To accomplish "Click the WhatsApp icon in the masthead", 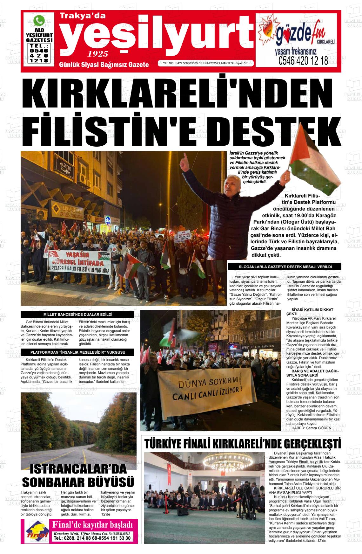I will click(39, 21).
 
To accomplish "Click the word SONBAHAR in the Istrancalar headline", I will click(61, 482).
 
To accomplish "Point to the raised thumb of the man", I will click(184, 157).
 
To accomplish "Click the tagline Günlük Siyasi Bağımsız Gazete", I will click(104, 65).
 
